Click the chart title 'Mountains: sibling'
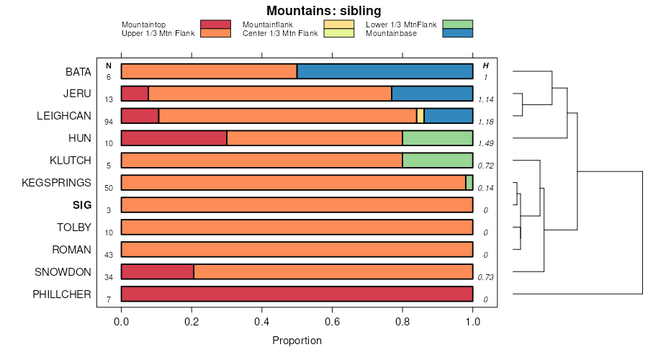[323, 11]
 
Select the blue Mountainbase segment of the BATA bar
[384, 71]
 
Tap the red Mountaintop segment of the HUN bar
[174, 138]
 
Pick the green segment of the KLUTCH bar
[437, 161]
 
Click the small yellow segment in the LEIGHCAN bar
[420, 116]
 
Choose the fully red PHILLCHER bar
[297, 294]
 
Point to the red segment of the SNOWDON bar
[157, 271]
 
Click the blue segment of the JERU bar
[432, 94]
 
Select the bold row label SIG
[82, 205]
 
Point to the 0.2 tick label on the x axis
[192, 320]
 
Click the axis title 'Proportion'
[297, 341]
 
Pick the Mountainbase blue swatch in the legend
[458, 33]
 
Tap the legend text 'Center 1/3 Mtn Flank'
[280, 33]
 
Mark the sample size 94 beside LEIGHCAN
[109, 121]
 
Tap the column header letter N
[109, 66]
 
